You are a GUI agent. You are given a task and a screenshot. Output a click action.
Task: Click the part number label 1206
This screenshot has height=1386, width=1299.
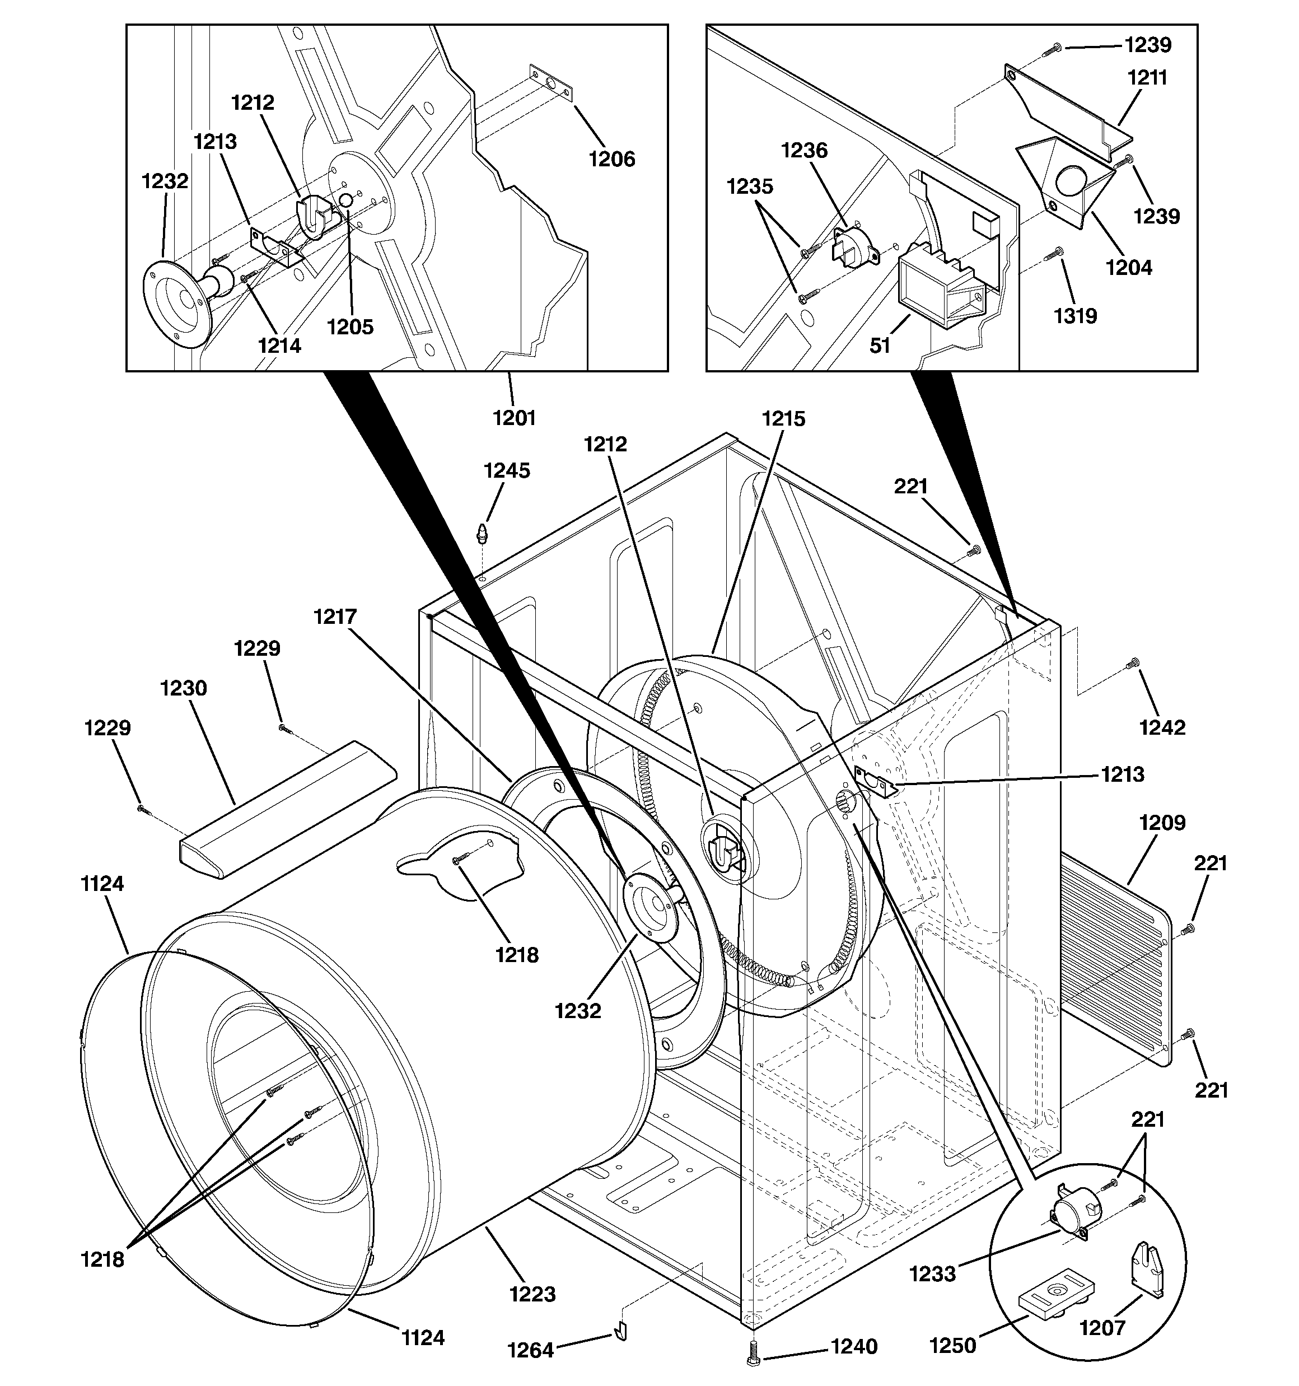pyautogui.click(x=611, y=159)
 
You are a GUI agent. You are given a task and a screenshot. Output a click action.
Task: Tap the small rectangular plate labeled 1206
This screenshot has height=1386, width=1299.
pyautogui.click(x=551, y=83)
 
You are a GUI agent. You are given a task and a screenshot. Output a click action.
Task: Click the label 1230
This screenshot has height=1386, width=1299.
pyautogui.click(x=184, y=688)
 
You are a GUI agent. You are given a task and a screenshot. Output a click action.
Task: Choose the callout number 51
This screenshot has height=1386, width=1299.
pyautogui.click(x=880, y=346)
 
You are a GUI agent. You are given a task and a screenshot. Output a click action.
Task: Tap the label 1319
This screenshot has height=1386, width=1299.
pyautogui.click(x=1074, y=316)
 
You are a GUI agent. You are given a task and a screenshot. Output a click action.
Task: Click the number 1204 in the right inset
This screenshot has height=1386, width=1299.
pyautogui.click(x=1128, y=267)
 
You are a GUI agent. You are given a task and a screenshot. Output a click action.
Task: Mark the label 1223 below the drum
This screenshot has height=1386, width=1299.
pyautogui.click(x=532, y=1294)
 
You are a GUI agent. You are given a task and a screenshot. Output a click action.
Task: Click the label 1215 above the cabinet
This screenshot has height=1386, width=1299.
pyautogui.click(x=783, y=418)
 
